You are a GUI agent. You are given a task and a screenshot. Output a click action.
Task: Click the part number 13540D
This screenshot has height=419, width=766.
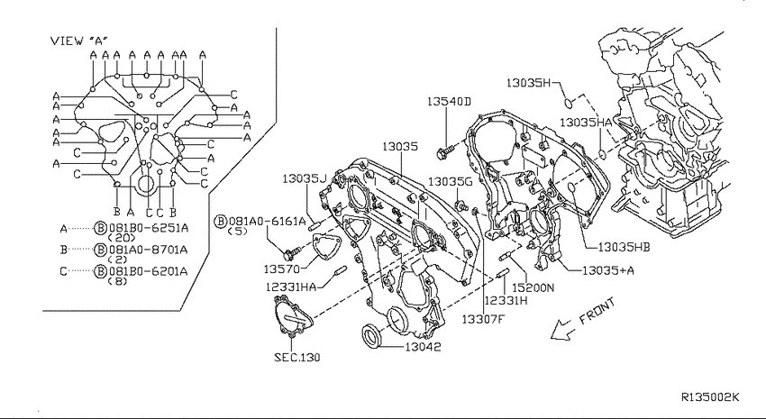point(449,102)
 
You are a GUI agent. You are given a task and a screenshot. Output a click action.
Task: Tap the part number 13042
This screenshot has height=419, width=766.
point(423,347)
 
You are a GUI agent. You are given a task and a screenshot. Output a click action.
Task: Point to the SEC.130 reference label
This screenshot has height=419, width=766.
point(297,358)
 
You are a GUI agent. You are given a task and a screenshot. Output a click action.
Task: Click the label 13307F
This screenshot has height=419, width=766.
point(482,319)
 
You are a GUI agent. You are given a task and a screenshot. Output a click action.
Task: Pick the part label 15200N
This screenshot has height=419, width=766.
point(533,288)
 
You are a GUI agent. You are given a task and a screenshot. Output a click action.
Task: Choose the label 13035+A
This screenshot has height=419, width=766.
point(607,270)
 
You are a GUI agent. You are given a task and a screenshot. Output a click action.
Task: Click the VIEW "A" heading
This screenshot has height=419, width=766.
point(78,41)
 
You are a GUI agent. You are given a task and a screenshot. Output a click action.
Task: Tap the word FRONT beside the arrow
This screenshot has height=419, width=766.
point(597,312)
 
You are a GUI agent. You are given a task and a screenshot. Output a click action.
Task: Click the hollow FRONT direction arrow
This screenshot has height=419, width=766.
point(561,330)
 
